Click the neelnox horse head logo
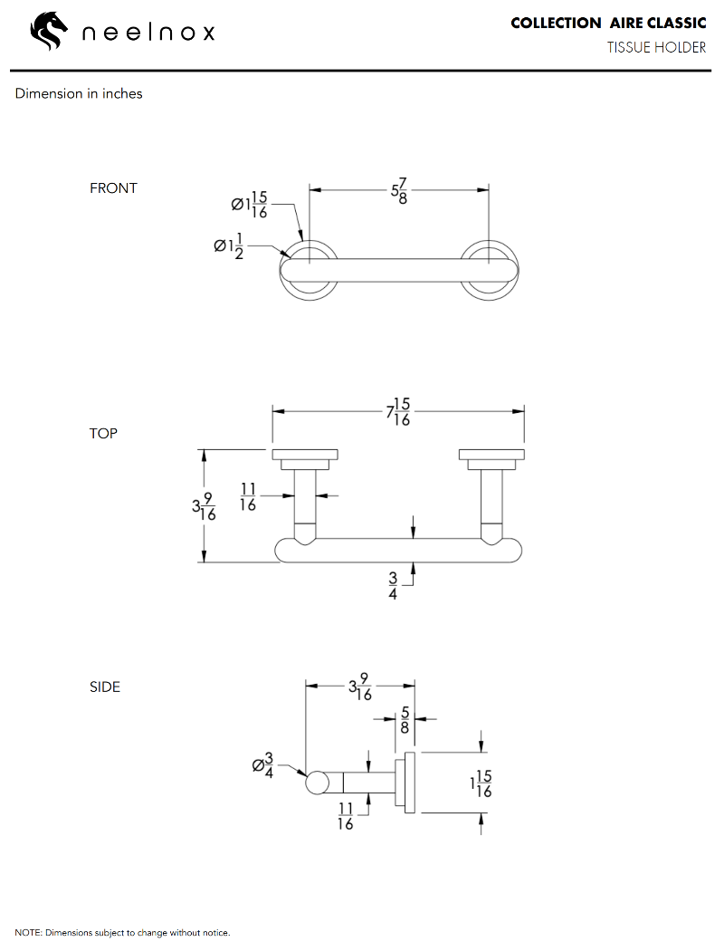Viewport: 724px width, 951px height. click(x=49, y=33)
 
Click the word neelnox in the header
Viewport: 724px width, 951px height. click(x=148, y=34)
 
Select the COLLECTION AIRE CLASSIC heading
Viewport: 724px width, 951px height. click(x=608, y=23)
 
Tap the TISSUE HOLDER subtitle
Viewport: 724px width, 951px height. click(x=656, y=47)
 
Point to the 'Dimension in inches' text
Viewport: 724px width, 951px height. click(x=79, y=93)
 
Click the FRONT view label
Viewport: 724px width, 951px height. click(x=113, y=188)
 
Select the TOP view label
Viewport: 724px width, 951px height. click(x=103, y=433)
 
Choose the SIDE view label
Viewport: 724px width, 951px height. click(x=104, y=687)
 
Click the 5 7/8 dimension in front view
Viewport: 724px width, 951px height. click(x=399, y=191)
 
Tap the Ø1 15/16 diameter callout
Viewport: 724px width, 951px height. click(x=250, y=204)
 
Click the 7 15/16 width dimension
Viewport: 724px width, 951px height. click(x=399, y=412)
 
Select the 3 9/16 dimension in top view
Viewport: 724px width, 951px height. click(x=204, y=506)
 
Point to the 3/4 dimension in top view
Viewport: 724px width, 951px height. click(x=393, y=586)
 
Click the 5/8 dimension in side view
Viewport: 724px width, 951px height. click(x=404, y=720)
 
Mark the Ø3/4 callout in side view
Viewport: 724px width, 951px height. click(x=263, y=764)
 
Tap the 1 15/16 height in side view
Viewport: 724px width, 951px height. click(x=481, y=783)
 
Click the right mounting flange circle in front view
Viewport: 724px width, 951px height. click(x=490, y=270)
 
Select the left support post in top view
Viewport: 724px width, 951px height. click(x=305, y=504)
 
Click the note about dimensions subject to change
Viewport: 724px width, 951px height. click(x=123, y=932)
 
